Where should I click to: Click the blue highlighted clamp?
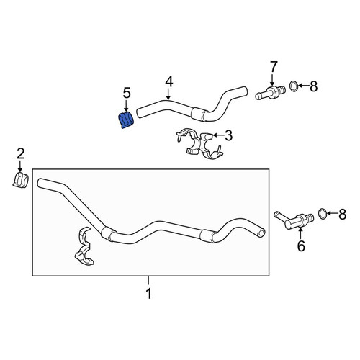click(x=126, y=120)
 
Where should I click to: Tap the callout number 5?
click(x=127, y=93)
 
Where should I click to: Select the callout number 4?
click(x=169, y=81)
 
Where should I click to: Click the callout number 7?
click(x=274, y=67)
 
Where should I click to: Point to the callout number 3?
click(x=228, y=135)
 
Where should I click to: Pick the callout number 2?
click(x=20, y=153)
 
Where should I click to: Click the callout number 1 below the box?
click(x=149, y=293)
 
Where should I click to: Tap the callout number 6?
click(x=301, y=246)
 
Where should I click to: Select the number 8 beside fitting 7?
click(x=314, y=86)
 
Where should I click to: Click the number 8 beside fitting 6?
click(x=343, y=214)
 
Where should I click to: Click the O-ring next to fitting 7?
click(x=294, y=86)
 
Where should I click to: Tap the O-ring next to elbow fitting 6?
click(x=322, y=214)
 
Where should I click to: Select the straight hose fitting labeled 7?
click(x=270, y=91)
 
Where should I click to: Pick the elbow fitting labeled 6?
click(x=294, y=219)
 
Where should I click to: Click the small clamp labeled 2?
click(x=20, y=180)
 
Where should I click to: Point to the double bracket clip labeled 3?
click(x=199, y=144)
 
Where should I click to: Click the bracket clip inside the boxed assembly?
click(x=84, y=247)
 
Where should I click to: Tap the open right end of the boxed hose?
click(x=261, y=233)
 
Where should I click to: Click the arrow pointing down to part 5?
click(x=127, y=107)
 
